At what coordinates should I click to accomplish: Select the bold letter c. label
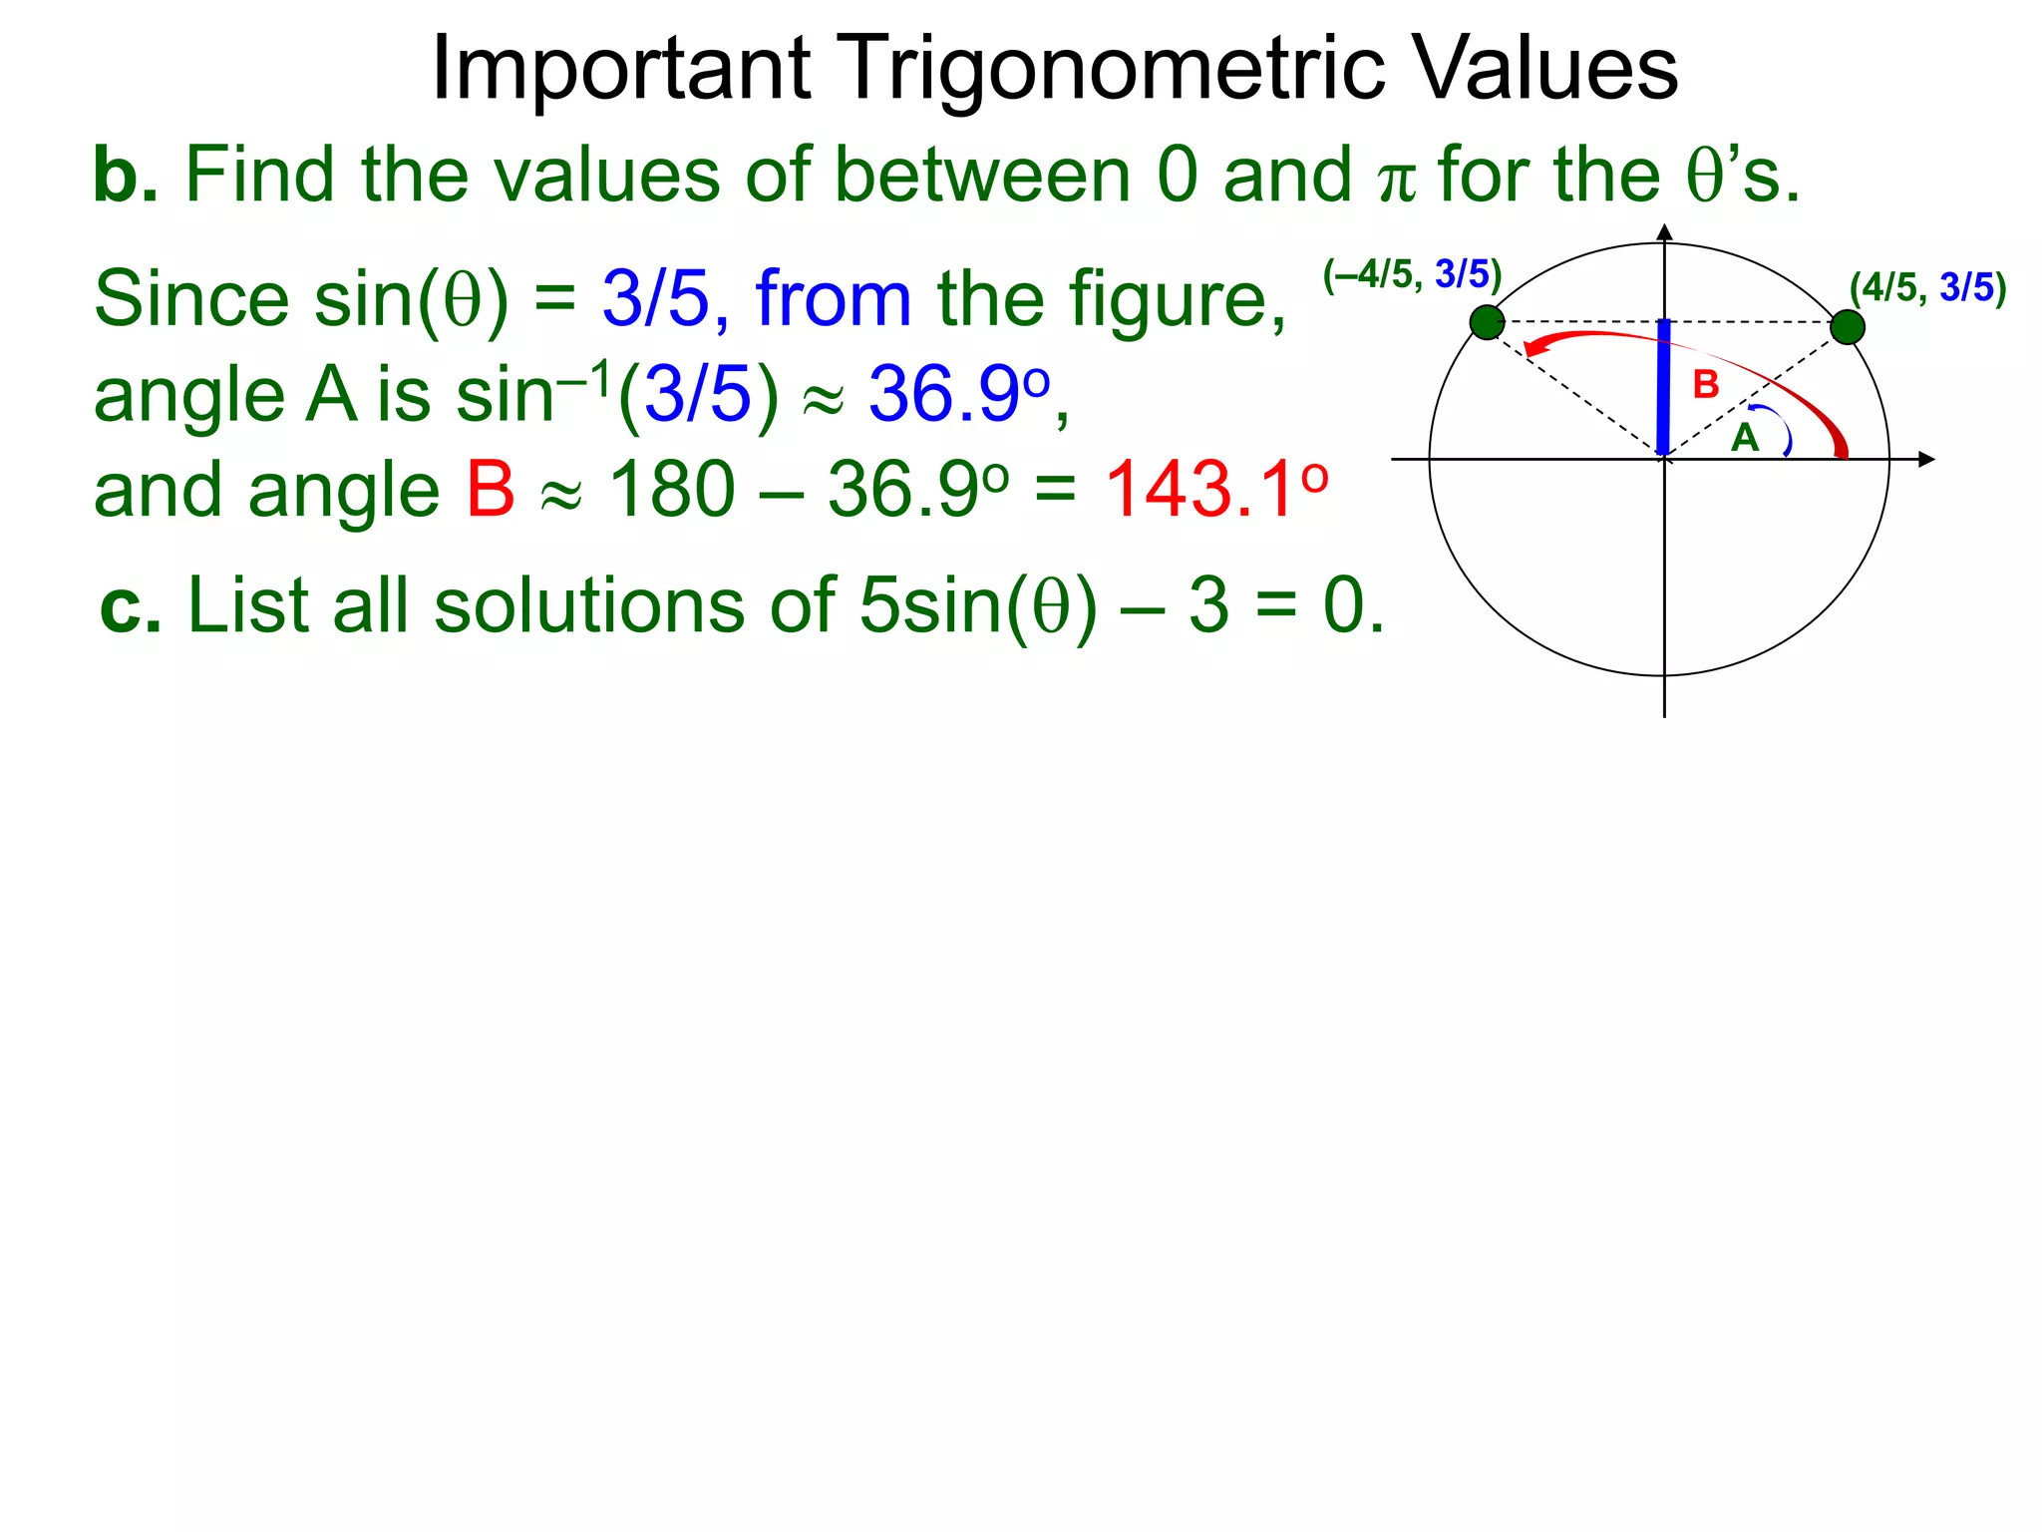[131, 606]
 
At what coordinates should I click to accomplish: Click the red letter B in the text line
[491, 490]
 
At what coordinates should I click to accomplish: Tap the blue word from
[834, 299]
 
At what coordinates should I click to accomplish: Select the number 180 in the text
[671, 490]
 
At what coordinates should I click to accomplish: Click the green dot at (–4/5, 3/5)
[1487, 323]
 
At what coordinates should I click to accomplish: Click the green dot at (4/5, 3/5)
[1848, 327]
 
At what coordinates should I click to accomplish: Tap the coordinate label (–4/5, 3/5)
[1412, 274]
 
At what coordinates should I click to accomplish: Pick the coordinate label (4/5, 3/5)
[1927, 288]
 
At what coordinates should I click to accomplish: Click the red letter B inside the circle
[1706, 385]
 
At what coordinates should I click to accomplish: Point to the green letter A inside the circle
[1744, 438]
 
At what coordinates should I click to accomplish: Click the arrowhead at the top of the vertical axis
[1664, 232]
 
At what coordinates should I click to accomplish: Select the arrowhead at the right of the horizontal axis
[1926, 460]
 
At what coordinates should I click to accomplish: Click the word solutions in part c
[589, 606]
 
